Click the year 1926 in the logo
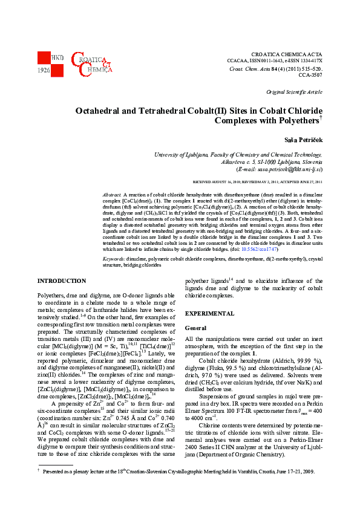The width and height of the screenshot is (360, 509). click(x=44, y=70)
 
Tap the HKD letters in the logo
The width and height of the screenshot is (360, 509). click(x=57, y=57)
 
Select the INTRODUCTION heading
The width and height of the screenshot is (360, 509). click(x=62, y=281)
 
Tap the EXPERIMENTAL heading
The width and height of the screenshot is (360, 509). click(x=209, y=314)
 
